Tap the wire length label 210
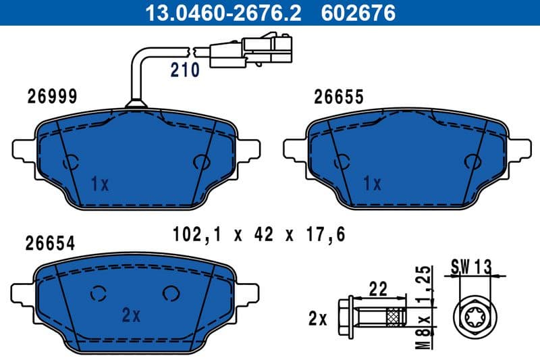point(184,70)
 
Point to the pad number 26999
point(52,97)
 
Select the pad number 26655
point(339,97)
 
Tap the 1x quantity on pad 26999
point(99,183)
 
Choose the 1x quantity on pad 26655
point(372,183)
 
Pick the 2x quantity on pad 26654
point(130,315)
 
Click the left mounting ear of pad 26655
point(296,149)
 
